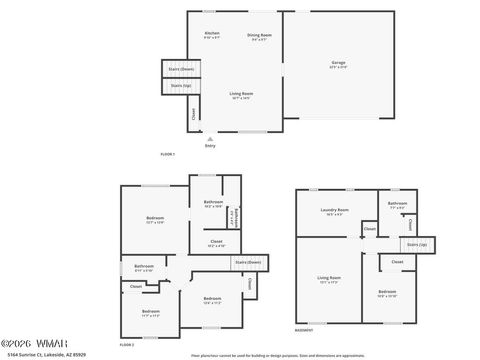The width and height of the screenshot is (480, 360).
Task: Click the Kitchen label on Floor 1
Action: point(212,35)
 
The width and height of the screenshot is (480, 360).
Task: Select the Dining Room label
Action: point(258,35)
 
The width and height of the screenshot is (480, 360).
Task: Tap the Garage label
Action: point(339,64)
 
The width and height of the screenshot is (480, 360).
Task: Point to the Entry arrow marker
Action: point(210,139)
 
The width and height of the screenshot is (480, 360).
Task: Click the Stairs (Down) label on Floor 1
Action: point(181,69)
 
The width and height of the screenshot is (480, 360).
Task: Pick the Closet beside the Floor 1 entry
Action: point(194,114)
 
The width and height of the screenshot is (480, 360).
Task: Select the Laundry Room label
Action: point(333,210)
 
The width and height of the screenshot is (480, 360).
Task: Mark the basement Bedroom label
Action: point(387,293)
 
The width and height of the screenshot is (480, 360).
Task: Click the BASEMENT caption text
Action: point(304,331)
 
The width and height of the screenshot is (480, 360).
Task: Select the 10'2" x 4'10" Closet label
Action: point(216,242)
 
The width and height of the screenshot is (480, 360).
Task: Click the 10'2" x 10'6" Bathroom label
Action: point(213,203)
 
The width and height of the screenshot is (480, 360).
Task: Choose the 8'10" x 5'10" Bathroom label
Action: point(144,267)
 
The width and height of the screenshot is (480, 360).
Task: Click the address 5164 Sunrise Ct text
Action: point(46,353)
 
